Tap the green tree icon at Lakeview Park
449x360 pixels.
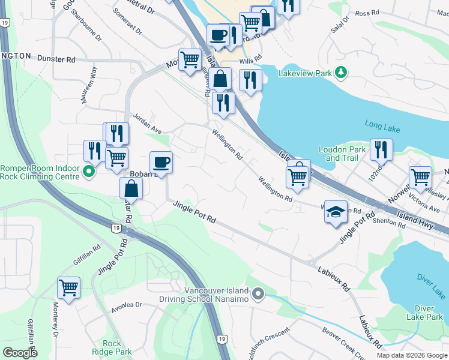click(x=341, y=73)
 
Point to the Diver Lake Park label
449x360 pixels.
click(x=424, y=312)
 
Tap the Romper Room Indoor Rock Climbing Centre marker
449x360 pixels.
click(x=89, y=173)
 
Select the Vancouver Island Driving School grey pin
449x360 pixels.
click(x=258, y=294)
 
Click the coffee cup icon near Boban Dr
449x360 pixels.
click(x=161, y=162)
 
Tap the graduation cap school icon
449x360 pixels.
click(x=336, y=211)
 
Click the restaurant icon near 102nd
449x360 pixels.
click(x=381, y=150)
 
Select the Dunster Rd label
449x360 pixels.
click(x=56, y=59)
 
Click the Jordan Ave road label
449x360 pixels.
click(x=147, y=123)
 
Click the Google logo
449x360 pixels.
click(x=20, y=353)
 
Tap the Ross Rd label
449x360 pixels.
click(x=367, y=13)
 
